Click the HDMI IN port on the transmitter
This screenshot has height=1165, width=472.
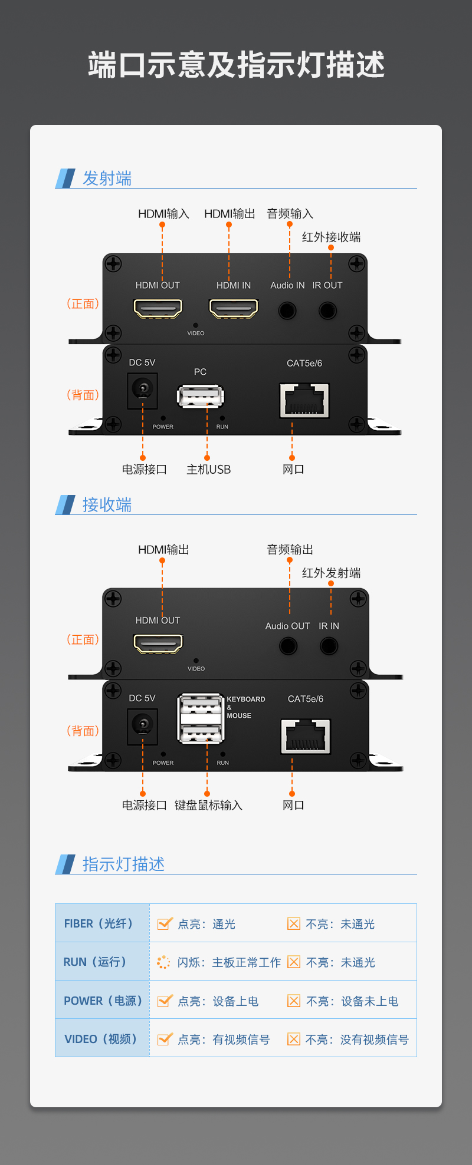pyautogui.click(x=234, y=308)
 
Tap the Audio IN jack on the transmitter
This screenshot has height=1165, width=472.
pyautogui.click(x=287, y=310)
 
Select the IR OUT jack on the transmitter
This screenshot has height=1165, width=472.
pyautogui.click(x=327, y=310)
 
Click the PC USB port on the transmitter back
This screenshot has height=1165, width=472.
pyautogui.click(x=201, y=397)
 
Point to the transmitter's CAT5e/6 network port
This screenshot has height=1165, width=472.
pyautogui.click(x=304, y=400)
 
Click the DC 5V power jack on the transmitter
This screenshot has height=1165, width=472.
pyautogui.click(x=142, y=391)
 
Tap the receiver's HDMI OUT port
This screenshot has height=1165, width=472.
pyautogui.click(x=158, y=643)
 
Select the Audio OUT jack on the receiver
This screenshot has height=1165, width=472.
pyautogui.click(x=288, y=646)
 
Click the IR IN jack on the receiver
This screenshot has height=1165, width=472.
pyautogui.click(x=329, y=646)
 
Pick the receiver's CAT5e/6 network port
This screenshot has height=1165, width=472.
pyautogui.click(x=306, y=736)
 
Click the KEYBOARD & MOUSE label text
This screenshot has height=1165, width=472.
pyautogui.click(x=246, y=707)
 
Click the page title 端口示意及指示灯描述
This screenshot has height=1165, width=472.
pyautogui.click(x=236, y=64)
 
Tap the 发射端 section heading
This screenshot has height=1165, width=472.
pyautogui.click(x=107, y=178)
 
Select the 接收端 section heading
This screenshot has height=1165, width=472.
pyautogui.click(x=107, y=504)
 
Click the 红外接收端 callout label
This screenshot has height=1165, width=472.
pyautogui.click(x=331, y=237)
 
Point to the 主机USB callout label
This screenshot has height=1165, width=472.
pyautogui.click(x=208, y=470)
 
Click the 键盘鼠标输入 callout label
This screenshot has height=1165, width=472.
pyautogui.click(x=208, y=805)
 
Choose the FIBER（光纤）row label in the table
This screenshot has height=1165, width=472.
pyautogui.click(x=99, y=923)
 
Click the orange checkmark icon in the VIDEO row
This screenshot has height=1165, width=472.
pyautogui.click(x=165, y=1039)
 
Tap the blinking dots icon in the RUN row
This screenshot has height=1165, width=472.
pyautogui.click(x=163, y=962)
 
